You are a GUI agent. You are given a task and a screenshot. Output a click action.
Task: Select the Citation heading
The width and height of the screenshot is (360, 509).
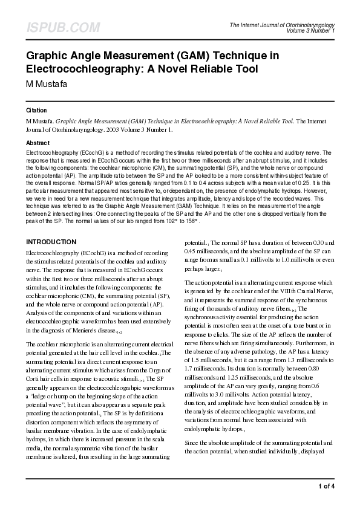coord(37,111)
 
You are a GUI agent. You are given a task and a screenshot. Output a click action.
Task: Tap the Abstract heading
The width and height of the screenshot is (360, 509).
coord(38,143)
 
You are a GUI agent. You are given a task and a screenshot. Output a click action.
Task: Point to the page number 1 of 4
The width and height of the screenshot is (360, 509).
coord(326,487)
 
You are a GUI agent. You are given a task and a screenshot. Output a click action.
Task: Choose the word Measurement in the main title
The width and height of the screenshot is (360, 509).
coord(140,56)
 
